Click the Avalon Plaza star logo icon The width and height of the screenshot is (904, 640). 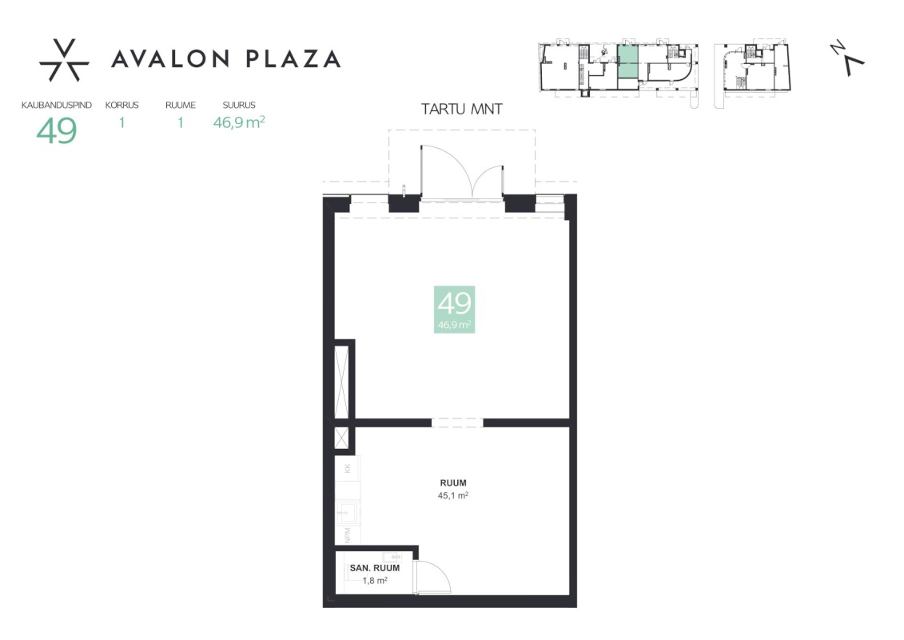point(64,60)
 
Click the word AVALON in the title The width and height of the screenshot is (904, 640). point(171,59)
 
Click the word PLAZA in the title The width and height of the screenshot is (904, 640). point(293,59)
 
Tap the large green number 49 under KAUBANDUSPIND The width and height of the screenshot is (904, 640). point(57,130)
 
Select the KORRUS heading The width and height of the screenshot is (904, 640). point(121,105)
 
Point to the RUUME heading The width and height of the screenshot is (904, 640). point(181,105)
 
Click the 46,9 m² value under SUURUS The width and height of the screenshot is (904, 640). point(239,122)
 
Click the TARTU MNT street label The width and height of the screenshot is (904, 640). point(462,109)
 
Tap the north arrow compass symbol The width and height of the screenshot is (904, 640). point(848,58)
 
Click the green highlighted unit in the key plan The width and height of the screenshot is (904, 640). point(627,61)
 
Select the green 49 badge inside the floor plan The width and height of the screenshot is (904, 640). point(454,310)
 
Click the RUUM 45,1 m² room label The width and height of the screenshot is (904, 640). point(453,489)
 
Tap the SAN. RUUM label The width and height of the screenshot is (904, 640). point(375,568)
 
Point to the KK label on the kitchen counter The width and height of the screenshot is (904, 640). point(348,468)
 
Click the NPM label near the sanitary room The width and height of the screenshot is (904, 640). point(348,535)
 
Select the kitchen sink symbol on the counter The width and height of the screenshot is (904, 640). point(347,512)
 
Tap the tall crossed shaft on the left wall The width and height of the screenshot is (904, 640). point(342,382)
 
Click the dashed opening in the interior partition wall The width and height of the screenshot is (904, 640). point(457,423)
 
